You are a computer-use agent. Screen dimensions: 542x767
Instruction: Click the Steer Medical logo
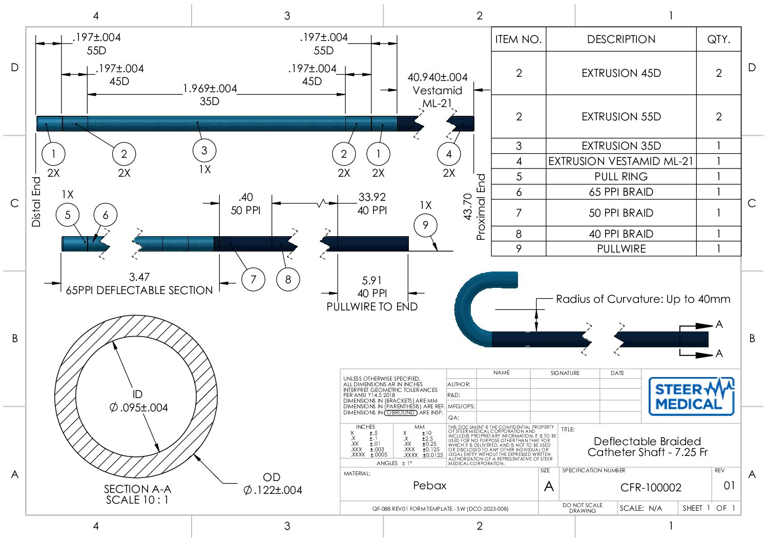[x=691, y=396]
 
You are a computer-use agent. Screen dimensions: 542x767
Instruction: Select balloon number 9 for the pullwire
[x=425, y=225]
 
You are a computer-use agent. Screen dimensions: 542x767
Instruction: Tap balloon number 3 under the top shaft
[x=204, y=150]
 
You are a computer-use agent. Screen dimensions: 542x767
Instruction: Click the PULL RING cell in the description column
[x=620, y=177]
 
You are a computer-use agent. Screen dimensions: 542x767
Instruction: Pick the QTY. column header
[x=718, y=39]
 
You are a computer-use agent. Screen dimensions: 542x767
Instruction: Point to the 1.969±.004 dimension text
[x=210, y=89]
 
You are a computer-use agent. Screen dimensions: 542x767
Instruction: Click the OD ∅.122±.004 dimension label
[x=273, y=484]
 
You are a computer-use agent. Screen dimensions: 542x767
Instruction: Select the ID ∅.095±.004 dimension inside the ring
[x=138, y=402]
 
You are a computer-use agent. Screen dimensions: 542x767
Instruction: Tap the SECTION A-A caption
[x=137, y=489]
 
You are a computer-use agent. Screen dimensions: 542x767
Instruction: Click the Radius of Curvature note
[x=642, y=299]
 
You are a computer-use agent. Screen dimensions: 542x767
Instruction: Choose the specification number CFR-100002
[x=651, y=487]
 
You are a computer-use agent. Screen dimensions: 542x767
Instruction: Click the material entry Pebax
[x=429, y=485]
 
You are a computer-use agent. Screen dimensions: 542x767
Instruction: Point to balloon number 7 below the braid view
[x=253, y=279]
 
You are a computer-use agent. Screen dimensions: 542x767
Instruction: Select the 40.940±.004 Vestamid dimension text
[x=437, y=77]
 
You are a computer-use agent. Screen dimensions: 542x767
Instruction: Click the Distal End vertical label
[x=36, y=202]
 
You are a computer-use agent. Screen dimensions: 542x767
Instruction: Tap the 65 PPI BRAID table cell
[x=620, y=192]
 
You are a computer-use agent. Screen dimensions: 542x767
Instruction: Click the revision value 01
[x=729, y=485]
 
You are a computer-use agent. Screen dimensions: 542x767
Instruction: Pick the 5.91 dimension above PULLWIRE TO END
[x=371, y=281]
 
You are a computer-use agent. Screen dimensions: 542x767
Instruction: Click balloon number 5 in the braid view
[x=68, y=215]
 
